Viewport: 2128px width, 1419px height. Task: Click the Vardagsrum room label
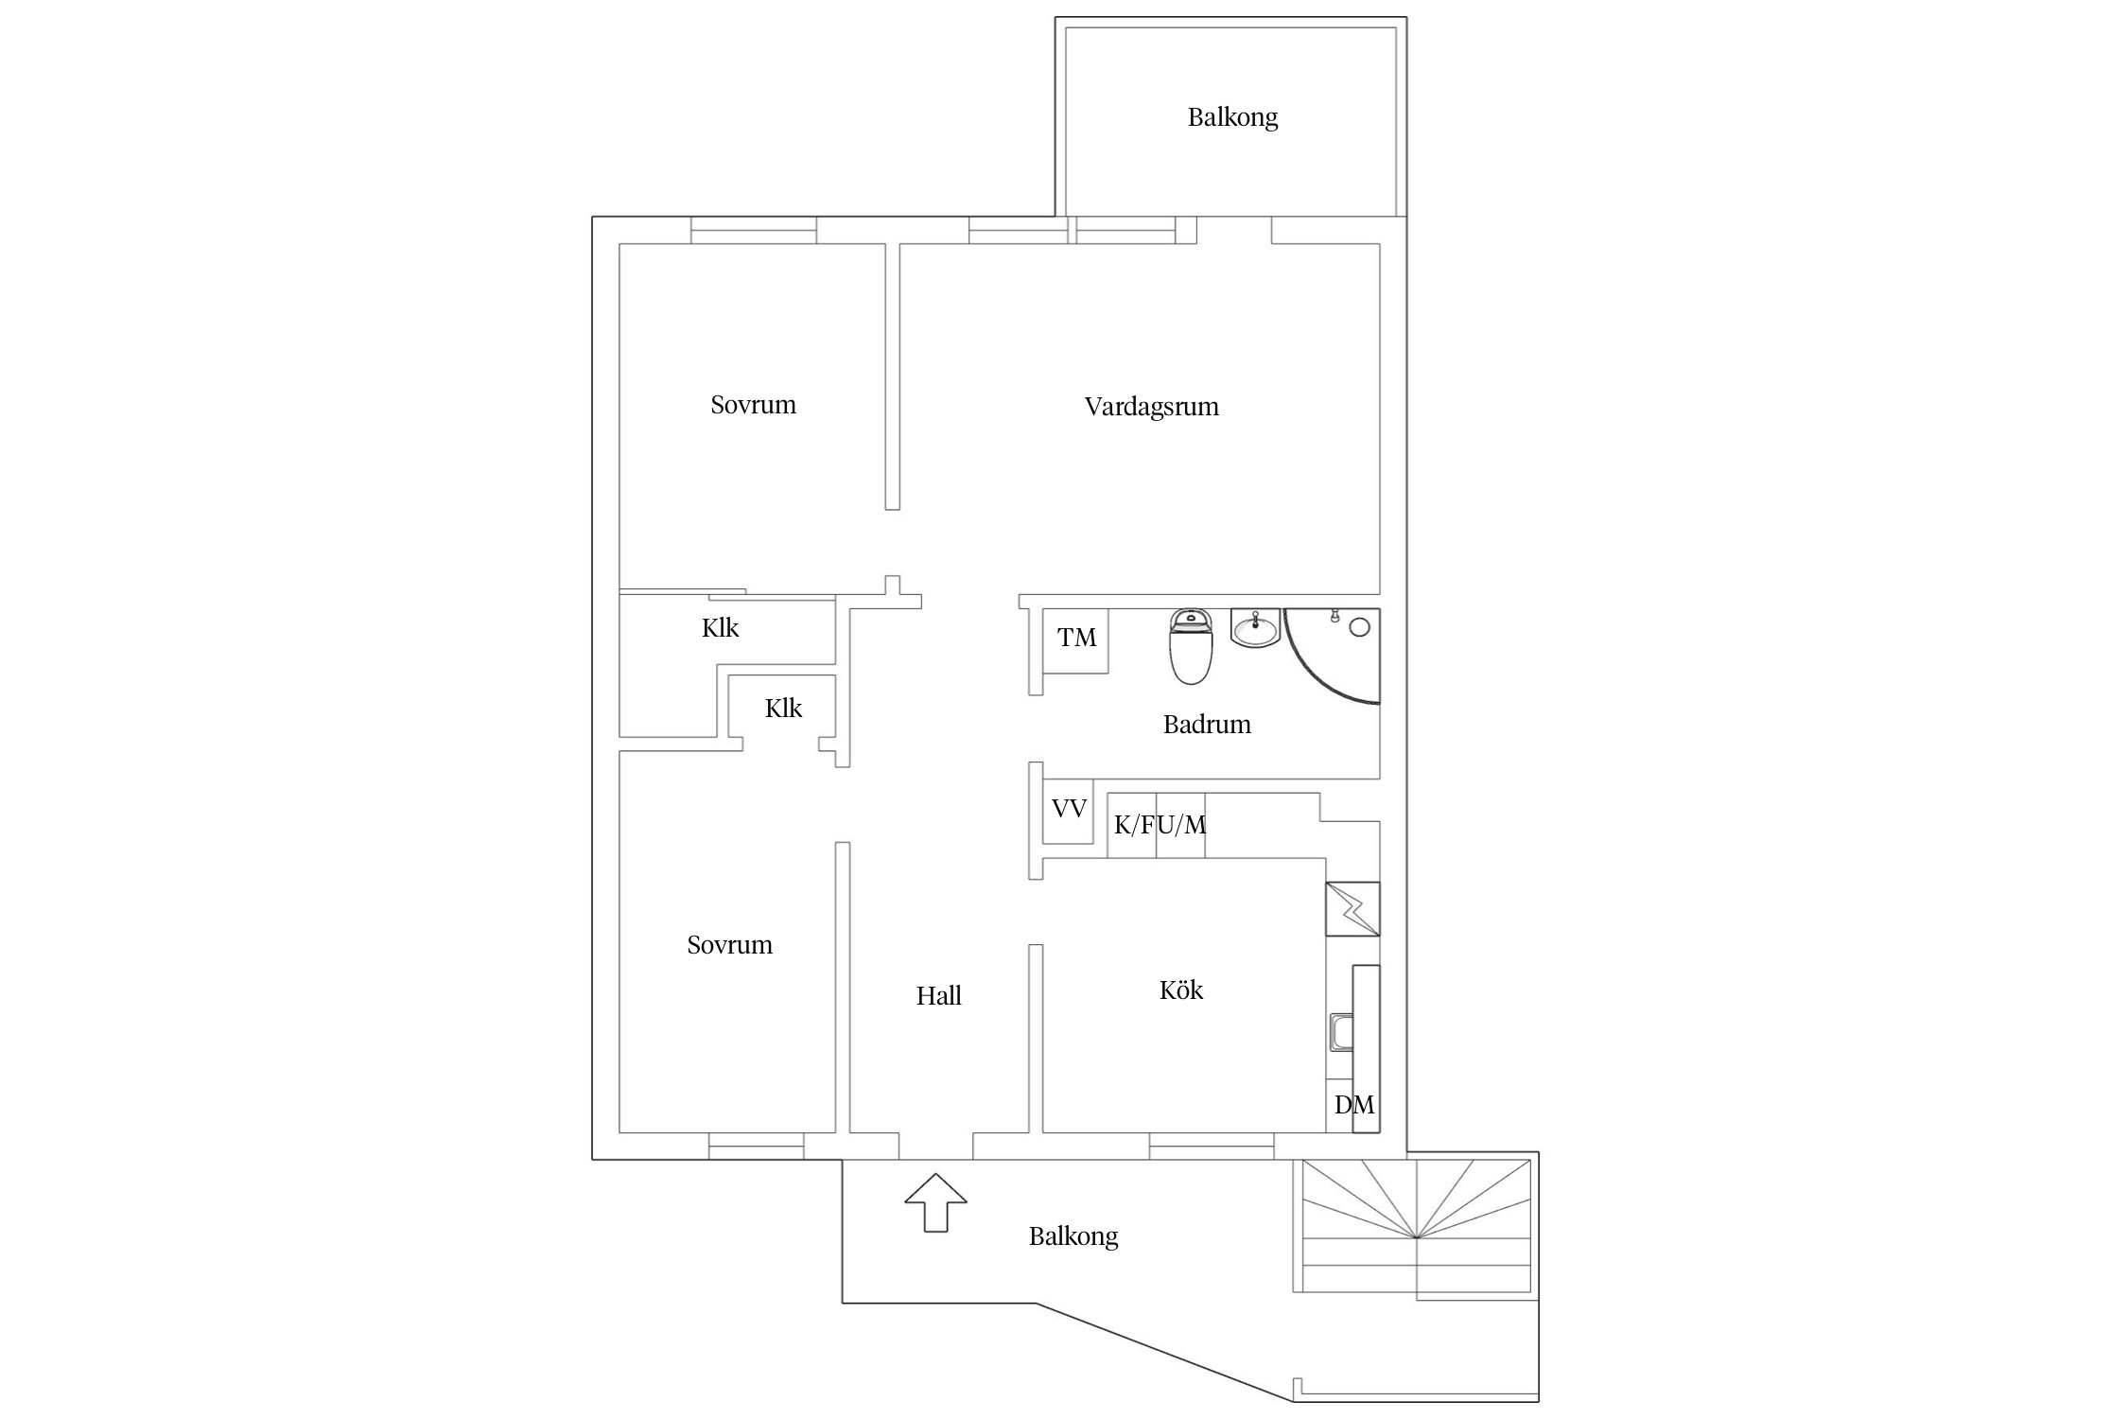(x=1151, y=408)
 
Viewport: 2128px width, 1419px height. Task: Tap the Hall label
(x=938, y=995)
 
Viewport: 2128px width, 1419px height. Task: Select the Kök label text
(x=1181, y=990)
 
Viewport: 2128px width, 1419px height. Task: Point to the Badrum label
(x=1207, y=725)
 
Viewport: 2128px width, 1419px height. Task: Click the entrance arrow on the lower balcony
(x=935, y=1202)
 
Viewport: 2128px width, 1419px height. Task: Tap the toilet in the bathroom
(x=1192, y=646)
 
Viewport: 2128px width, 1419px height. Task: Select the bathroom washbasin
(x=1255, y=627)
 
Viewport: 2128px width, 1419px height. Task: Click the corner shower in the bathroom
(x=1333, y=656)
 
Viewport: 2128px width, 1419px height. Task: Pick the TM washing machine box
(x=1075, y=641)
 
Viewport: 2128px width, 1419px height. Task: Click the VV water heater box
(x=1068, y=811)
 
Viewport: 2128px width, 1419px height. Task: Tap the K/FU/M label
(x=1160, y=825)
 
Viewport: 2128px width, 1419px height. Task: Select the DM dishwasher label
(x=1354, y=1104)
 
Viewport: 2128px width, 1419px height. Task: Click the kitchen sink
(x=1340, y=1032)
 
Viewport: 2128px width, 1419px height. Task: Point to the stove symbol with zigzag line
(x=1352, y=909)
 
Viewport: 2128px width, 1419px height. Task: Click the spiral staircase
(x=1416, y=1226)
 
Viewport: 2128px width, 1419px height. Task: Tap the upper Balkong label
(x=1232, y=117)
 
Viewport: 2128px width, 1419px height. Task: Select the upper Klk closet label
(x=720, y=628)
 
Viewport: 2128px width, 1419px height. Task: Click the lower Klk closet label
(x=783, y=709)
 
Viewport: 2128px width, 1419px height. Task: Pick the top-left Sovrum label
(x=753, y=405)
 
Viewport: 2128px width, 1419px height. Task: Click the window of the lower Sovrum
(x=756, y=1146)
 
